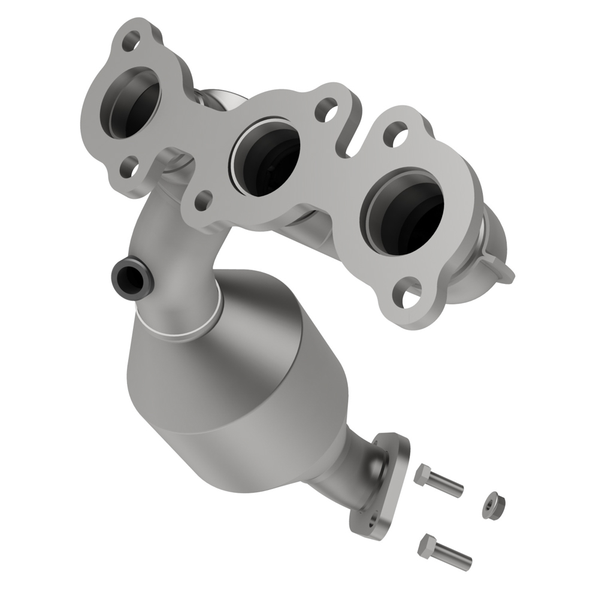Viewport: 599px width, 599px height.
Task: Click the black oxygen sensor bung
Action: [128, 275]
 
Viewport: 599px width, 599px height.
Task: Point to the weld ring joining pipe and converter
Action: [180, 328]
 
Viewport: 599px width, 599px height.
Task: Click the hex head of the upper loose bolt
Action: [421, 474]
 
